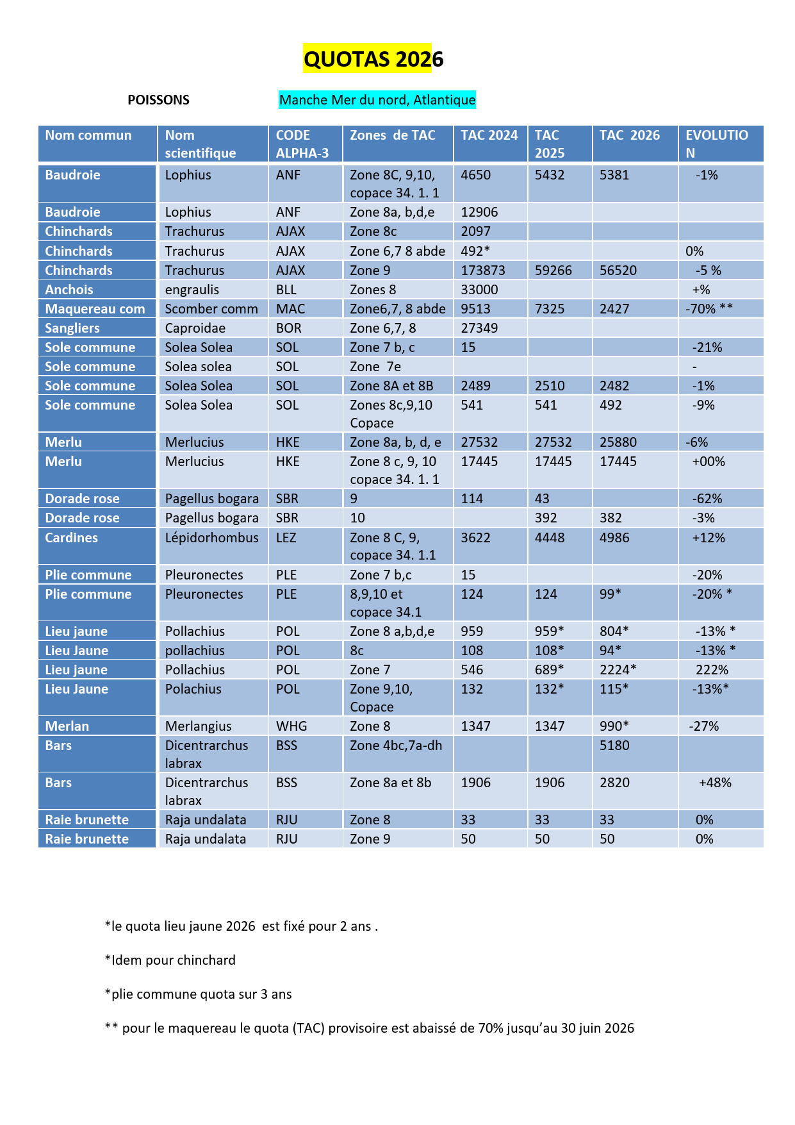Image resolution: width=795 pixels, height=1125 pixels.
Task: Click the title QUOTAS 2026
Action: coord(373,59)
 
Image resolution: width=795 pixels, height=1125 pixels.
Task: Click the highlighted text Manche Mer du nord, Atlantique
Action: coord(377,100)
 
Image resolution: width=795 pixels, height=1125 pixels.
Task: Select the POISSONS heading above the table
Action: coord(158,100)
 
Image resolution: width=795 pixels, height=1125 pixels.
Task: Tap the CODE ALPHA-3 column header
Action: coord(302,144)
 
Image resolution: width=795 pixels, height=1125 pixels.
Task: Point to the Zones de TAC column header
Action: coord(392,135)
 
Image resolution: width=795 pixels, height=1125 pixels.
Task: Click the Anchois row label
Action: coord(69,290)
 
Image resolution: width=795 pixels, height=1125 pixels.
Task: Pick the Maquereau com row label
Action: coord(95,309)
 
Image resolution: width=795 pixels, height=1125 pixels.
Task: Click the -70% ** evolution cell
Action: coord(709,309)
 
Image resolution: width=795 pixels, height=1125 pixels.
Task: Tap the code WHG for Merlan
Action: coord(291,726)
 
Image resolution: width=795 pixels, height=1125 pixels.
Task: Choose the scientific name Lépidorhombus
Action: coord(211,538)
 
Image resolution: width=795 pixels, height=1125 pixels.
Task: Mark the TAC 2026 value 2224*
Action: coord(618,670)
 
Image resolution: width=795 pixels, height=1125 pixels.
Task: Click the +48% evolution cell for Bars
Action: coord(715,783)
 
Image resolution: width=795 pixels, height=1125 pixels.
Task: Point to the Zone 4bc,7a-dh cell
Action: coord(396,746)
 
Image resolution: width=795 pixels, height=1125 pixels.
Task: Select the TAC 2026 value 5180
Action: coord(614,746)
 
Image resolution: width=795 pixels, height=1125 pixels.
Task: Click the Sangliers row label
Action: coord(72,328)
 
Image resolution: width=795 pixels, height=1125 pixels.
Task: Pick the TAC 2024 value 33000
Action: coord(479,290)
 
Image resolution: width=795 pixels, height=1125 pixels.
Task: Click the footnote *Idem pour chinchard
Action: coord(170,960)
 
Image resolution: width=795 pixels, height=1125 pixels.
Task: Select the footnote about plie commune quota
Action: coord(198,994)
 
